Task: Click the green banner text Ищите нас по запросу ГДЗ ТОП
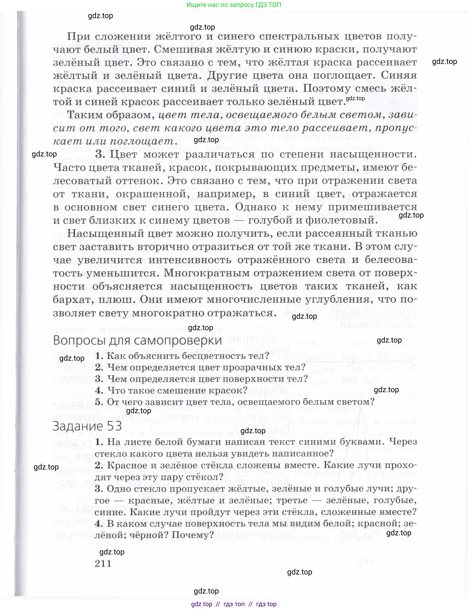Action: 234,5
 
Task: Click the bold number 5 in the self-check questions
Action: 99,402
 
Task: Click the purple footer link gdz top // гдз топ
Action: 234,604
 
